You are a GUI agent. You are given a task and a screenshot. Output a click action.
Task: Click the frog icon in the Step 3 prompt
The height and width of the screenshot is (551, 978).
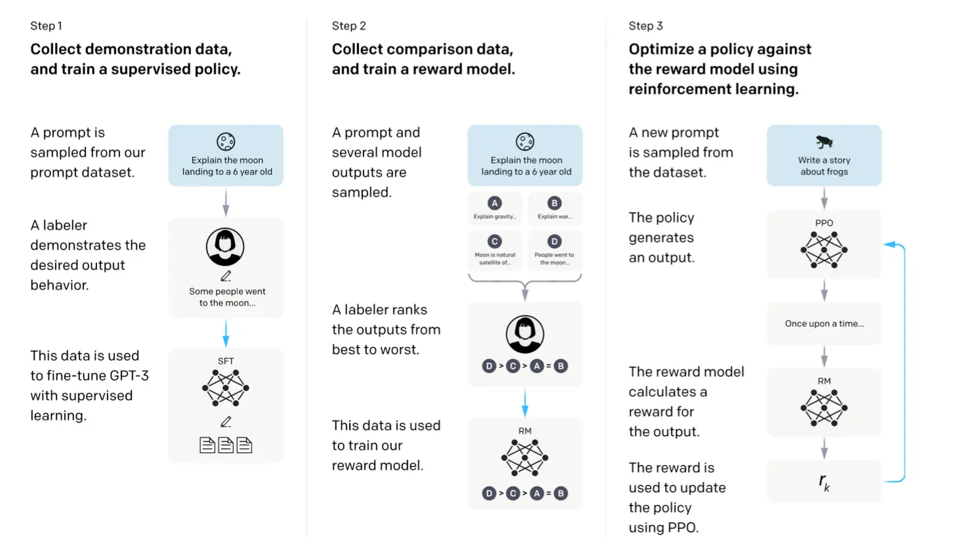tap(824, 142)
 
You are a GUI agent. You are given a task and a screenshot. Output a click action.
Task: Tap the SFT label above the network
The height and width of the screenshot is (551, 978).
tap(226, 361)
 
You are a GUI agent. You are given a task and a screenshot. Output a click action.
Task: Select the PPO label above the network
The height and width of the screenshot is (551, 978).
tap(824, 223)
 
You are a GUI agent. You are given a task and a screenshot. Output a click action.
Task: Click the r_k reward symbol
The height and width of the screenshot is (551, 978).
tap(824, 482)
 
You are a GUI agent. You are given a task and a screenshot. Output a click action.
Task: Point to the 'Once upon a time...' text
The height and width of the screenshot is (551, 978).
tap(824, 323)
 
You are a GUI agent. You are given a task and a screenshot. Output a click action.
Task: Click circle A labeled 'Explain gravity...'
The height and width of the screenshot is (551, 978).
tap(495, 203)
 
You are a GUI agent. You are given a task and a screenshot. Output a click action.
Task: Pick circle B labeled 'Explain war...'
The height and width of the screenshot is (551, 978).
tap(555, 203)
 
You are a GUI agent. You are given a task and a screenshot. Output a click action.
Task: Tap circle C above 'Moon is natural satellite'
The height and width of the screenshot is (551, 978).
tap(495, 241)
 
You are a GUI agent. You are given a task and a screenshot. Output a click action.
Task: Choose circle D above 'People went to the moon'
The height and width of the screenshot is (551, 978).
tap(555, 241)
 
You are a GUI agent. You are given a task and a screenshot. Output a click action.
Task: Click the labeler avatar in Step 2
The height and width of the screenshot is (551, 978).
tap(525, 334)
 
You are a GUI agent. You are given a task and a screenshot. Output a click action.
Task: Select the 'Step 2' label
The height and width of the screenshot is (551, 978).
tap(349, 26)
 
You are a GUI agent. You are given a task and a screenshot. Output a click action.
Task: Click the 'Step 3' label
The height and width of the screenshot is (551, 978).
tap(646, 26)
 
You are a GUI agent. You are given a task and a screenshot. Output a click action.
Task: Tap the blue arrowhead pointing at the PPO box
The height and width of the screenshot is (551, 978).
tap(889, 245)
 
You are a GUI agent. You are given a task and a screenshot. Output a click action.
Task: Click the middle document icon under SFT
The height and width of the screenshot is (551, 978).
tap(226, 445)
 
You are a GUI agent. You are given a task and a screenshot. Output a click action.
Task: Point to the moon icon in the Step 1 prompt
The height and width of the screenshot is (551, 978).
tap(226, 141)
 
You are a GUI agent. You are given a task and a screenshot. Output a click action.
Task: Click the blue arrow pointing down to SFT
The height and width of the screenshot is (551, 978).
tap(226, 334)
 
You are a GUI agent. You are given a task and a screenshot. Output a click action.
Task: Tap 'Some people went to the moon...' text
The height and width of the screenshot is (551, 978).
tap(227, 297)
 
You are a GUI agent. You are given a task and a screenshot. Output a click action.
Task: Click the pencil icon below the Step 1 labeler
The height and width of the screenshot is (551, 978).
tap(226, 276)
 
